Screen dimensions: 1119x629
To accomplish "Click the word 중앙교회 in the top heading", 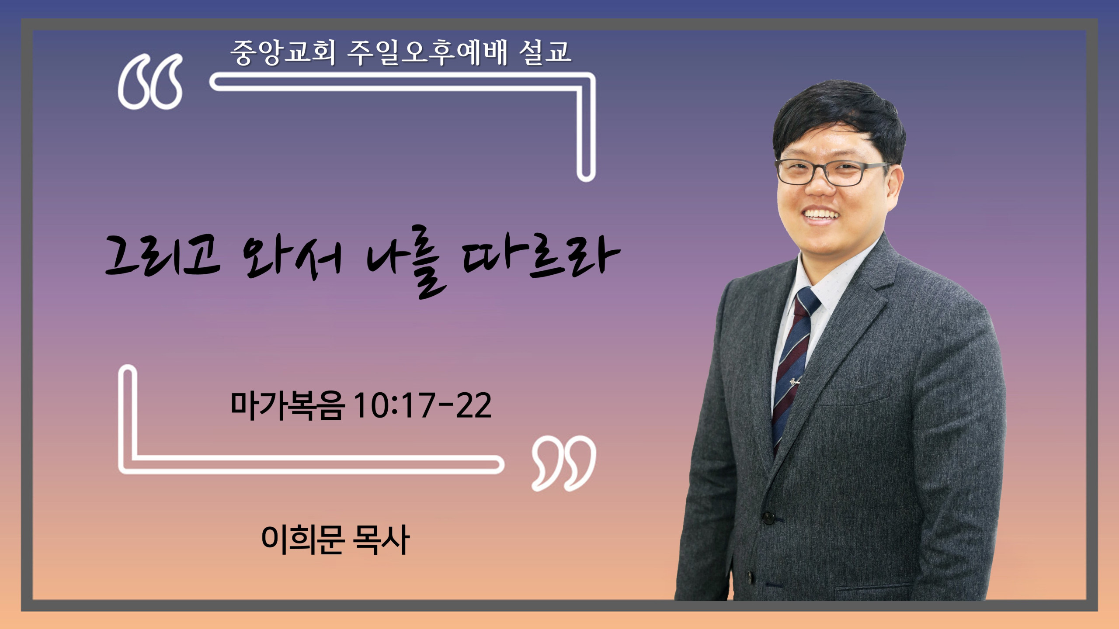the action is coord(283,52).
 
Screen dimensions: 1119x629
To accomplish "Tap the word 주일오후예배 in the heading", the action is coord(427,52).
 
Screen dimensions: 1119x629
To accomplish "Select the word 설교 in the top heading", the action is coord(545,52).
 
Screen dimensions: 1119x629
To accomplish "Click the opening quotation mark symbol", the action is coord(150,82).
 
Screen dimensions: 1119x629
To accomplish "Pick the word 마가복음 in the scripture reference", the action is coord(288,406).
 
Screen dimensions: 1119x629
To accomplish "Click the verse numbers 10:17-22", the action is coord(422,406).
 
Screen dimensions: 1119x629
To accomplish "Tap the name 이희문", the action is coord(302,540).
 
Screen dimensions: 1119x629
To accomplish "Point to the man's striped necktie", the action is coord(793,367).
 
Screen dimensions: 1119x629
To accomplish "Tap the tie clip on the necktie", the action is coord(795,383).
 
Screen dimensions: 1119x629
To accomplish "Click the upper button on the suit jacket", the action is coord(768,518).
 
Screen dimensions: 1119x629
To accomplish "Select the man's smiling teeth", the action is coord(822,214).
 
